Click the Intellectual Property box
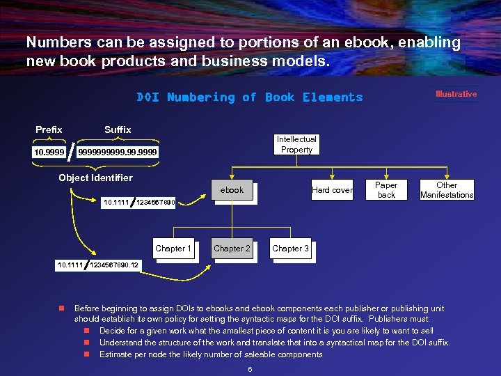[296, 144]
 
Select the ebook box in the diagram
[232, 190]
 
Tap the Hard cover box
[332, 190]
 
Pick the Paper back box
[386, 190]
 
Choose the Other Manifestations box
[447, 190]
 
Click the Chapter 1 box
[173, 249]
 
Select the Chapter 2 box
[232, 249]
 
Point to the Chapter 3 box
[290, 249]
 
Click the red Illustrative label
[456, 94]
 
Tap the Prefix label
[49, 130]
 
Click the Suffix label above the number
[118, 130]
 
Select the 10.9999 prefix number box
[49, 152]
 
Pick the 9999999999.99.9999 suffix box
[118, 152]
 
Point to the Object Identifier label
[95, 178]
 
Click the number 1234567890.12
[114, 265]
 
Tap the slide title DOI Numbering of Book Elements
[250, 97]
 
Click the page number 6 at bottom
[250, 369]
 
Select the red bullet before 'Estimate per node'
[87, 354]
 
